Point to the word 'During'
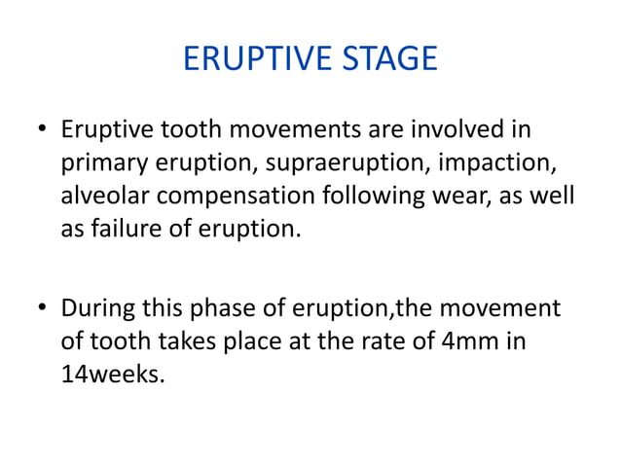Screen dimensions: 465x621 tap(96, 309)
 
